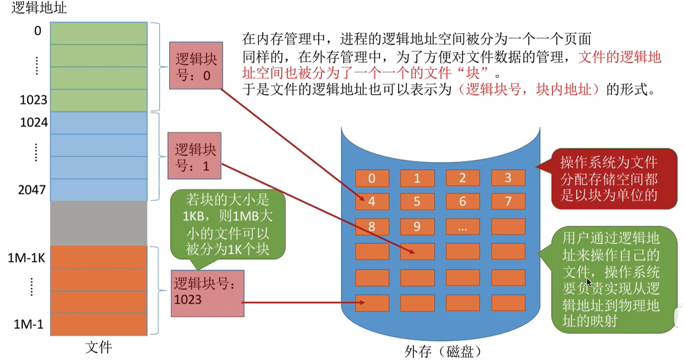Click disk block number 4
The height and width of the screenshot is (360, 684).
[372, 202]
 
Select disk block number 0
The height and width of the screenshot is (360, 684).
[372, 178]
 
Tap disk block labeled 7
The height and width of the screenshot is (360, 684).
[508, 202]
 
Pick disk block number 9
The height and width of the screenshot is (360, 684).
[417, 227]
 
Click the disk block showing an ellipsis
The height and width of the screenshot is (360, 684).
[463, 227]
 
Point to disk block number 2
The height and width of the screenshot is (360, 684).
[463, 178]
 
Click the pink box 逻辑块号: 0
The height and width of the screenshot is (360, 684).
[196, 66]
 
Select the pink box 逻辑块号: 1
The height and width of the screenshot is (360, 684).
[195, 156]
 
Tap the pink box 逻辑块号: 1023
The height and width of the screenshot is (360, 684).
[208, 293]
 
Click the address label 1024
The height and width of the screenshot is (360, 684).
[34, 122]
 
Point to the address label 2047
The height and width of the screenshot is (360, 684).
[32, 190]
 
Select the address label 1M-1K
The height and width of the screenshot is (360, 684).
[27, 258]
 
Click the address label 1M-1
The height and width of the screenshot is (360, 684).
[29, 324]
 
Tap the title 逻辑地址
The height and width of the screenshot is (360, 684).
[39, 8]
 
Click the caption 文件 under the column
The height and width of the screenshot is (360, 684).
[98, 348]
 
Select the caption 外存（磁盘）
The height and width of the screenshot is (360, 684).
[444, 352]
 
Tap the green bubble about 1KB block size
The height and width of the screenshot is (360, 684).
[228, 225]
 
